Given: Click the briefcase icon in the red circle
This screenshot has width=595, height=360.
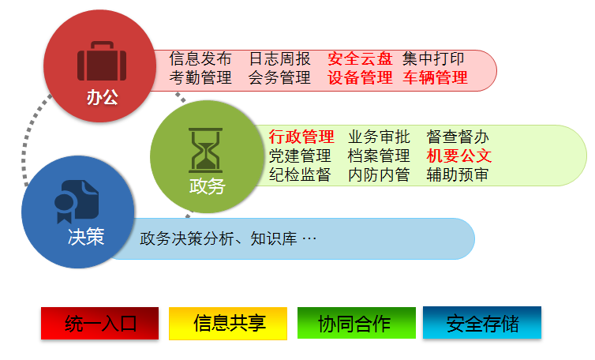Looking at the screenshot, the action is (x=102, y=61).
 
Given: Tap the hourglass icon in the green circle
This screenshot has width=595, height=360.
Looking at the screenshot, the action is (x=205, y=150).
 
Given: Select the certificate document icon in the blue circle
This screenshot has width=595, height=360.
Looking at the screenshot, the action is (x=77, y=201).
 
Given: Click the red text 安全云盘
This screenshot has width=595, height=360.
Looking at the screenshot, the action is (x=360, y=59).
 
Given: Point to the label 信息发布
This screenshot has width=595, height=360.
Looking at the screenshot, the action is (x=200, y=59).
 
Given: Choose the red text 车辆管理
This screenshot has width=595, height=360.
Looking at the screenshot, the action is (x=435, y=77).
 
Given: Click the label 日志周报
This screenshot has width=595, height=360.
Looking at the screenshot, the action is (x=279, y=59).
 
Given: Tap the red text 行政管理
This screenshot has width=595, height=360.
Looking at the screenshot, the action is (x=301, y=137).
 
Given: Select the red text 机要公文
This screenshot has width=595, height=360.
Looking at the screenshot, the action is (x=458, y=156).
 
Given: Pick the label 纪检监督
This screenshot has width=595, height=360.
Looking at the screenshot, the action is (x=300, y=174).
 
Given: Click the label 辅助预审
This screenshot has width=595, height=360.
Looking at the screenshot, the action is (x=457, y=174).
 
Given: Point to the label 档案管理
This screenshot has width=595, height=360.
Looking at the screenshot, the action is (x=379, y=156).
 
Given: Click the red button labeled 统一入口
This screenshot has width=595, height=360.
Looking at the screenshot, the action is (x=99, y=323).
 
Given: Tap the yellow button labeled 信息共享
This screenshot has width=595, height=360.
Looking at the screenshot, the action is (x=228, y=323).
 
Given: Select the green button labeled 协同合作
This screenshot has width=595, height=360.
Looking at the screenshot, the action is (x=357, y=323).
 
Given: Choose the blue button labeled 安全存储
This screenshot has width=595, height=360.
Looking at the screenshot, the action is (x=482, y=322).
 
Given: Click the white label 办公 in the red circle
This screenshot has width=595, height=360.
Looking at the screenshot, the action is (x=102, y=97).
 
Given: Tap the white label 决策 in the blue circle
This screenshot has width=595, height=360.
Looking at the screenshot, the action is (x=86, y=237).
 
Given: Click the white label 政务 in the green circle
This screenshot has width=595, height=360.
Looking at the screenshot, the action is (x=208, y=186).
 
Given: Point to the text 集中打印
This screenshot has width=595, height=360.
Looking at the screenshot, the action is (x=433, y=59).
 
